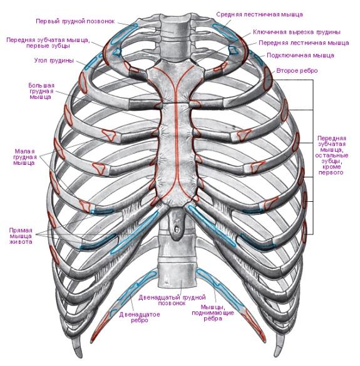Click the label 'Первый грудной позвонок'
pos(75,21)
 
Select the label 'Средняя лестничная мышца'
pos(259,14)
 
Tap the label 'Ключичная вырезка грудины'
pos(297,32)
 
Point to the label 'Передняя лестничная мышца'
pos(304,43)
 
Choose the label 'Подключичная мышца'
pos(301,55)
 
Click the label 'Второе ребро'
pos(297,70)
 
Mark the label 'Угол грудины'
pos(54,60)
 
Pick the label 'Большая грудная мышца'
pos(41,91)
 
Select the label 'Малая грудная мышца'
pos(24,157)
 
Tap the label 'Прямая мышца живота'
pos(21,236)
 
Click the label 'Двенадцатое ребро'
pos(140,317)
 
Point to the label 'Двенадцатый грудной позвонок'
pos(172,300)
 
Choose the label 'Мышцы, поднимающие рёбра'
pos(213,313)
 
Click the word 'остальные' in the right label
pos(332,155)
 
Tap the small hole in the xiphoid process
pos(177,229)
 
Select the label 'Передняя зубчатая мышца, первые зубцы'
pos(48,43)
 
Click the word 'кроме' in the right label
pos(332,167)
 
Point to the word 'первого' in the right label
pos(331,173)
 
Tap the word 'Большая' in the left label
pos(41,85)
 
